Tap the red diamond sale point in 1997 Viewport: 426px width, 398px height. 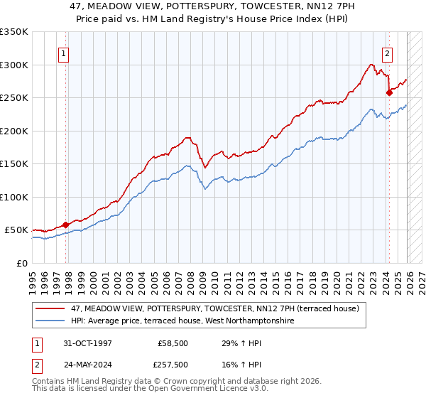[x=66, y=225]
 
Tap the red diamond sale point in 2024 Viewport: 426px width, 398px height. [x=389, y=92]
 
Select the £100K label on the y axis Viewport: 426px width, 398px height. [x=14, y=197]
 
